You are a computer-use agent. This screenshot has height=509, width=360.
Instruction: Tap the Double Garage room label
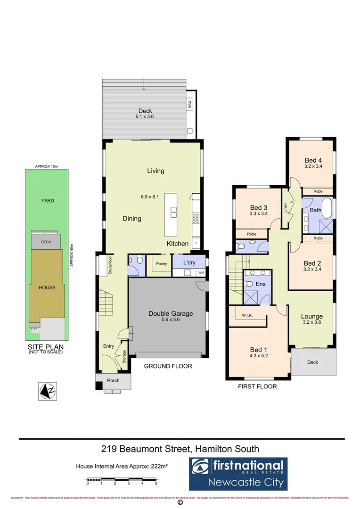[x=171, y=313]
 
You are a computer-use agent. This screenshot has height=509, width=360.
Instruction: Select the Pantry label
[x=156, y=263]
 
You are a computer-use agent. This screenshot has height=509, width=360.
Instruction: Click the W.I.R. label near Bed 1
[x=247, y=316]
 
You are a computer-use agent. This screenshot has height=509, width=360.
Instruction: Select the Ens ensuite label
[x=260, y=284]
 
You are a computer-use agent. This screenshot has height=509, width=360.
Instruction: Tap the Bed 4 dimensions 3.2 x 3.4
[x=313, y=166]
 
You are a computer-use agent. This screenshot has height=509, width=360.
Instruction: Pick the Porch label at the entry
[x=113, y=380]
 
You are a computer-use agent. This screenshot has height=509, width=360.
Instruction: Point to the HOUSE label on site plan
[x=47, y=287]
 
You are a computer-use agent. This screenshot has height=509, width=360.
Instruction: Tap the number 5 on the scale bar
[x=156, y=484]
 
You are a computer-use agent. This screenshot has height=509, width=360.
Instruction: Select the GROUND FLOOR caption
[x=168, y=366]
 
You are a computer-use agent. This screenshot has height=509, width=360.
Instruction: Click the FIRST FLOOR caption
[x=256, y=386]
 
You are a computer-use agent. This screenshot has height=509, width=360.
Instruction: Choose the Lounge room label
[x=312, y=316]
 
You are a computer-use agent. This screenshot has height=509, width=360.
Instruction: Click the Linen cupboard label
[x=285, y=208]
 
